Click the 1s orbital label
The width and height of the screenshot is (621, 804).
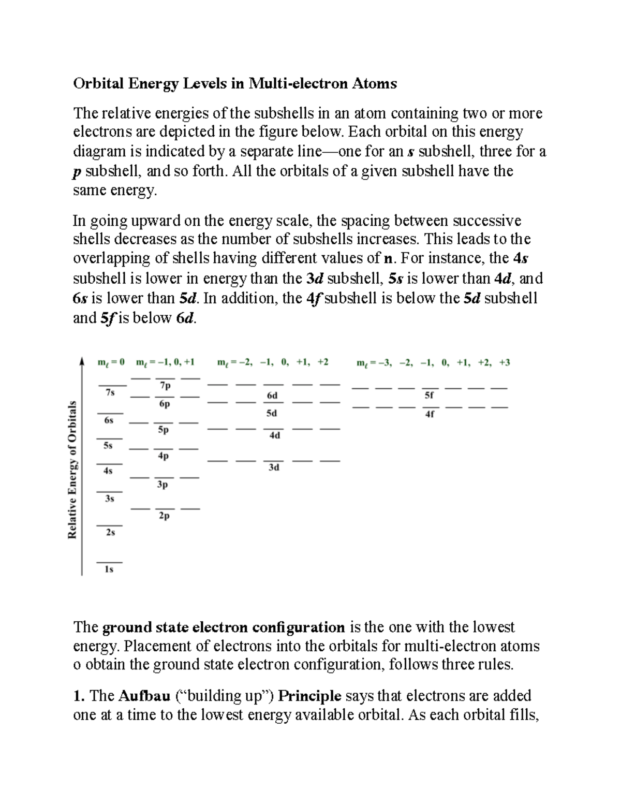pos(109,569)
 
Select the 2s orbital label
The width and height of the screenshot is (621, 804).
pos(110,532)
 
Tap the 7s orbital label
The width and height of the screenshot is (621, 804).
pos(110,392)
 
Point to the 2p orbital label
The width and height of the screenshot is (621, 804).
pos(164,516)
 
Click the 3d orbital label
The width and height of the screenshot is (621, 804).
pos(274,467)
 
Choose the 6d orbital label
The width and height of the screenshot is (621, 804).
pos(272,396)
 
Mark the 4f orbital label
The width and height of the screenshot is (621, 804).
pos(430,414)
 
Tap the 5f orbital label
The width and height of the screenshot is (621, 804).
pos(429,396)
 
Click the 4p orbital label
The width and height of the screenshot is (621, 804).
pos(163,456)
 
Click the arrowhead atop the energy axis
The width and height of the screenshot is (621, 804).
pos(82,361)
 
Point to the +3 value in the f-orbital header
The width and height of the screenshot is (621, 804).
pos(505,363)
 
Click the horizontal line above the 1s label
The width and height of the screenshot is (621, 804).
pos(109,562)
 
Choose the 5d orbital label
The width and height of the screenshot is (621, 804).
pos(272,414)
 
